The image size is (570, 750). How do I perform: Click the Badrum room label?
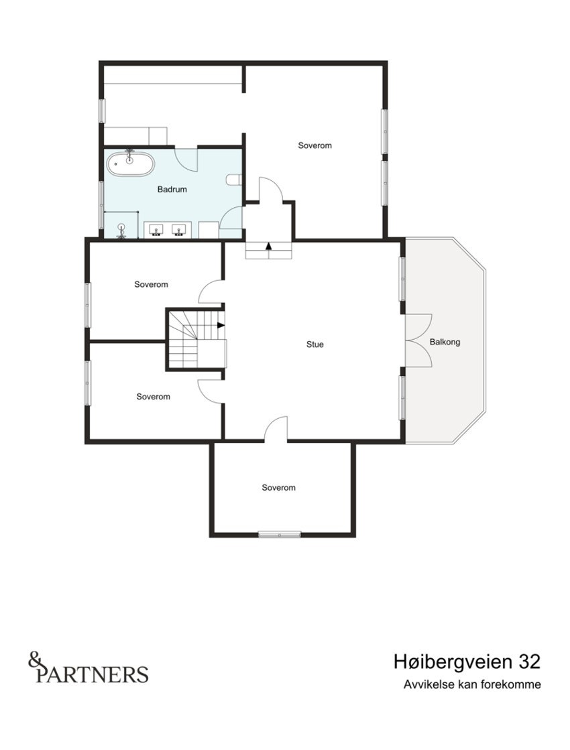(x=172, y=190)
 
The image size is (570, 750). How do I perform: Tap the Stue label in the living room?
(x=315, y=345)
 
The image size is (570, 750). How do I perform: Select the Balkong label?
(x=445, y=342)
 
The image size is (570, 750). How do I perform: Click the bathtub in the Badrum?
(x=131, y=163)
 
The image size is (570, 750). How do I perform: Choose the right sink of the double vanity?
(x=179, y=231)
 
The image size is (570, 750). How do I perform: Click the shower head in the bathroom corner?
(x=121, y=229)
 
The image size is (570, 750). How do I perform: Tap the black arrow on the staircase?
(x=221, y=326)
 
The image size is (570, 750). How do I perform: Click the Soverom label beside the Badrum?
(x=315, y=145)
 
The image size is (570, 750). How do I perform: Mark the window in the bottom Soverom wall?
(x=280, y=534)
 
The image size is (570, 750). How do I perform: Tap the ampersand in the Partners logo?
(x=35, y=660)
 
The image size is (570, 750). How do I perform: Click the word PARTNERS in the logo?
(x=93, y=674)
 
